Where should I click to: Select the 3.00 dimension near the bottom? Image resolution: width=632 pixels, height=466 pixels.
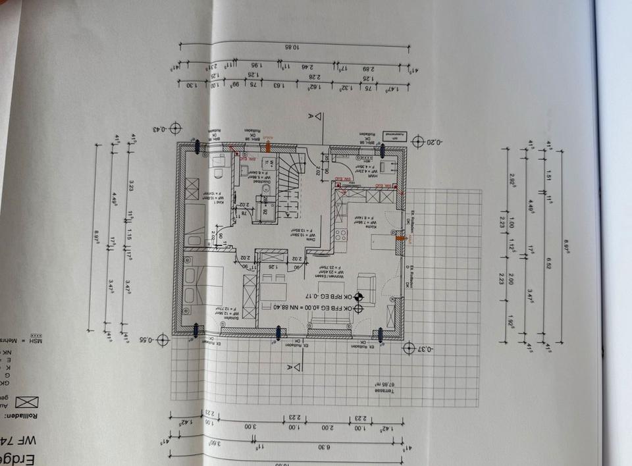coord(251,427)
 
